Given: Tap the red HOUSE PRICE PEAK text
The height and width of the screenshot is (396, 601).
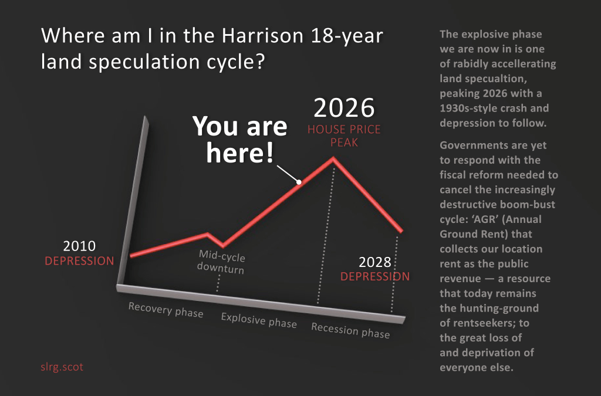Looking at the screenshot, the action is tap(344, 136).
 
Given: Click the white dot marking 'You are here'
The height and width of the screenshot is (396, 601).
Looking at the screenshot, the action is tap(299, 182).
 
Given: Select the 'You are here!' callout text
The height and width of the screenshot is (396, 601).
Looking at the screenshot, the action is tap(240, 139).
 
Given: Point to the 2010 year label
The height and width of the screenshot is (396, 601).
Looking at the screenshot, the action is tap(79, 246).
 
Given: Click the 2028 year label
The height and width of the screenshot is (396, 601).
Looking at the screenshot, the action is tap(375, 262).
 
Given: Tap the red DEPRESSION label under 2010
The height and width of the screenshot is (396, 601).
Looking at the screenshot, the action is tap(79, 261).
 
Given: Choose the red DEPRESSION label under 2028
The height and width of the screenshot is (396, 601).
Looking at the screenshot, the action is tap(375, 276).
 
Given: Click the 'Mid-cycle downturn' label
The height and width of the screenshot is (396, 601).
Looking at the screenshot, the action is tap(221, 262).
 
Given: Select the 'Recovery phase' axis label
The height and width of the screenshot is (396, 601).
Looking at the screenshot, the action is tap(166, 309).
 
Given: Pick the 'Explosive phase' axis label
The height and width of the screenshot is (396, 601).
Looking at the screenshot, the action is tap(259, 320).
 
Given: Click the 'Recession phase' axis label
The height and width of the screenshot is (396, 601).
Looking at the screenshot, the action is tap(350, 330).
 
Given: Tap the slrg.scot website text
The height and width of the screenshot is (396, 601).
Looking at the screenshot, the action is tap(62, 367).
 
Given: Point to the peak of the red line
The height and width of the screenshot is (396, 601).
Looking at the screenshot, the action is tap(333, 158).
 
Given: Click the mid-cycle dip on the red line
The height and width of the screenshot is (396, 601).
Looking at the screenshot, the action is tap(223, 245).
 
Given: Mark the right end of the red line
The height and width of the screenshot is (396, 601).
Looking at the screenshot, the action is tap(401, 231).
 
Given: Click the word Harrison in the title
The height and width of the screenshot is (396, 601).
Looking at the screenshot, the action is tap(263, 36).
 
